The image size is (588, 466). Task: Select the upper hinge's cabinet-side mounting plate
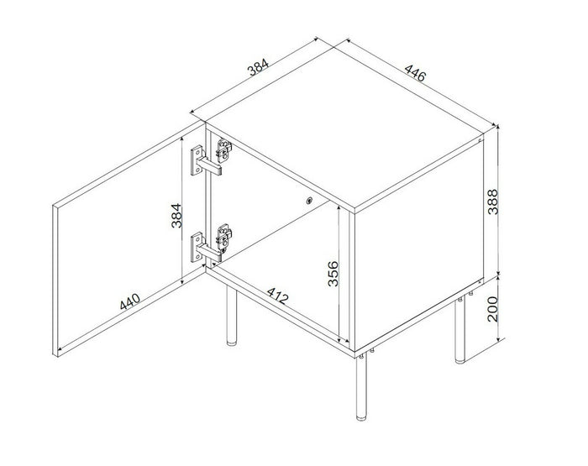tap(223, 150)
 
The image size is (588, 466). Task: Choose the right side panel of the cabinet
tap(420, 243)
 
